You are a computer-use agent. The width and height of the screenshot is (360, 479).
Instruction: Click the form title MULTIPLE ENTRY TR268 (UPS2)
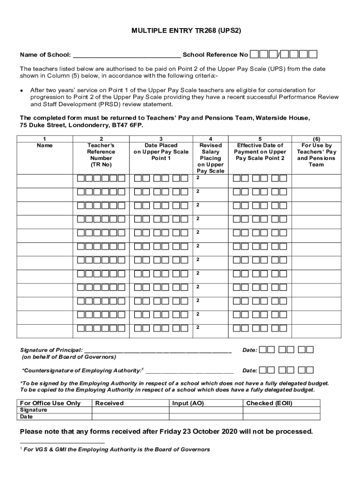(186, 31)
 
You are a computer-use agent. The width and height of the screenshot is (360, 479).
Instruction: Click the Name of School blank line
(127, 55)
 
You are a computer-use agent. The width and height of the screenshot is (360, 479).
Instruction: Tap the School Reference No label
(215, 55)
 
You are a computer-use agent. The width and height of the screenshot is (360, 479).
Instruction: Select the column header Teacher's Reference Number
(101, 155)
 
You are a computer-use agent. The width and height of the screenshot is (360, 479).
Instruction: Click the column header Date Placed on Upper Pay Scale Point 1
(161, 152)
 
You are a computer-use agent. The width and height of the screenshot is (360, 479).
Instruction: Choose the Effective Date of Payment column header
(260, 152)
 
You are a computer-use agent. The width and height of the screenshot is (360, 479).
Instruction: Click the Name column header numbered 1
(45, 142)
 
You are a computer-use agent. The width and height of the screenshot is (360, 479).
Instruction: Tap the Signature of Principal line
(158, 350)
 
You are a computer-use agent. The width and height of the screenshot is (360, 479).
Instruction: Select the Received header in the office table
(109, 403)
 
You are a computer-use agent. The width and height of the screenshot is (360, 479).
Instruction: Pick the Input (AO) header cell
(188, 403)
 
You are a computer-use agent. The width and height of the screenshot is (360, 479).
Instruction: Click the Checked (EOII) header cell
(269, 403)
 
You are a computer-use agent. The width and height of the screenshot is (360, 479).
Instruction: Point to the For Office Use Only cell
(50, 403)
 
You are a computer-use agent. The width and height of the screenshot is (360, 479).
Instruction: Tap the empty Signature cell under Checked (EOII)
(282, 410)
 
